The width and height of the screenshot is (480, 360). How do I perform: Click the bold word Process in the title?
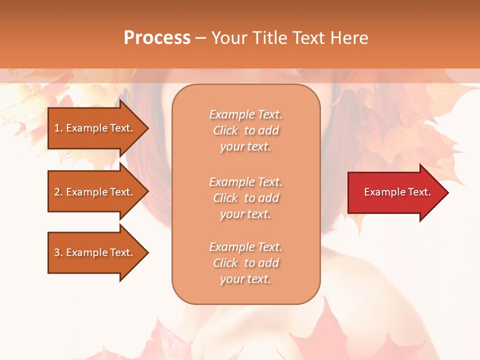pyautogui.click(x=157, y=37)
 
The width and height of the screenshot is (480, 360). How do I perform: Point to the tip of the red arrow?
pyautogui.click(x=447, y=192)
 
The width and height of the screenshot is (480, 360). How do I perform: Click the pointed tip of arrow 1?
pyautogui.click(x=147, y=128)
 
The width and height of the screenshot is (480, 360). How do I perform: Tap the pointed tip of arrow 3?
pyautogui.click(x=147, y=252)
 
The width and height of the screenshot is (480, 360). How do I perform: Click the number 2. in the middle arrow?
pyautogui.click(x=58, y=192)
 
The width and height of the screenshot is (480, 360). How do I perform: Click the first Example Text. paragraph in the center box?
pyautogui.click(x=245, y=130)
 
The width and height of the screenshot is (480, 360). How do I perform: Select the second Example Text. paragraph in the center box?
pyautogui.click(x=245, y=198)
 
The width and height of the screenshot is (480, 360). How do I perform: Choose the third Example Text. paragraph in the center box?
pyautogui.click(x=245, y=263)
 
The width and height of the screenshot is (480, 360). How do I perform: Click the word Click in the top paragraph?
pyautogui.click(x=225, y=131)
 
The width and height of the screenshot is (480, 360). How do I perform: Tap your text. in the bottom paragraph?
pyautogui.click(x=245, y=279)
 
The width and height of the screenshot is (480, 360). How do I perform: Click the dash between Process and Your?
pyautogui.click(x=200, y=38)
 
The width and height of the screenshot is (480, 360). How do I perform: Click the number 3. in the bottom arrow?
pyautogui.click(x=58, y=252)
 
